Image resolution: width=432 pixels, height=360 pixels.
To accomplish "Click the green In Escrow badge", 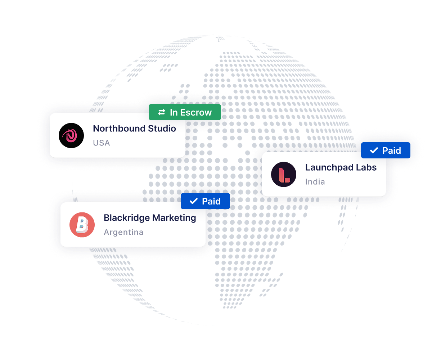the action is [x=185, y=112].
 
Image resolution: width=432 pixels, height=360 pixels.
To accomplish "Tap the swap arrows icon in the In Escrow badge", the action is [x=162, y=112].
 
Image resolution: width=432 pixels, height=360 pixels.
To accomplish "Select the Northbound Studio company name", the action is [x=134, y=129].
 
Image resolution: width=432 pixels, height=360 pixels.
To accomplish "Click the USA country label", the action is [x=102, y=143].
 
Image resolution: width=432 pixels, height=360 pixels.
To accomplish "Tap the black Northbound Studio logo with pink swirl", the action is [x=71, y=135].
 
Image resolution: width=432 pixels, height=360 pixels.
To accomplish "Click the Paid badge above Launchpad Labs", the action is [x=386, y=150].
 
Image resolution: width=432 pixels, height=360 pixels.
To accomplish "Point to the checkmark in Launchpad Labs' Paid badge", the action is [x=374, y=150].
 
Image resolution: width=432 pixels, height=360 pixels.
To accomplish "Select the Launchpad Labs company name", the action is [x=341, y=167].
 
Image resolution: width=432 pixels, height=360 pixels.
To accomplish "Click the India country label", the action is [x=315, y=182].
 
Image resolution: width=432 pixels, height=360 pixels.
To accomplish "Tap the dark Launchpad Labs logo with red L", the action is [x=283, y=174].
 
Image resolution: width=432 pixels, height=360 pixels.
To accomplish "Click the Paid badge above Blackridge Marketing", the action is [x=205, y=201].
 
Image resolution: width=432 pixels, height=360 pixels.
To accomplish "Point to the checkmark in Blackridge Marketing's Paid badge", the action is [x=194, y=201].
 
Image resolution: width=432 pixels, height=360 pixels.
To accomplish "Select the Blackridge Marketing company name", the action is [x=150, y=218].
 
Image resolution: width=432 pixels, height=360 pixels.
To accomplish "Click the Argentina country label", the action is [x=123, y=232].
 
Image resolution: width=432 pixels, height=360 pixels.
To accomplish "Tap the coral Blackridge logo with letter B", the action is [x=82, y=225].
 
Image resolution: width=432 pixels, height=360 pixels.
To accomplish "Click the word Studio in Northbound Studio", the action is [x=162, y=129].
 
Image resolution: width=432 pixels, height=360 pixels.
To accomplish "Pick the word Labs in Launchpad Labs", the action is [x=366, y=167].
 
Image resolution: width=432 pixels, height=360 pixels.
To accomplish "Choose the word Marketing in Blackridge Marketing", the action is [x=174, y=218].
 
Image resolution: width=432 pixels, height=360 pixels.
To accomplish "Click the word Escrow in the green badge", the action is [x=196, y=112].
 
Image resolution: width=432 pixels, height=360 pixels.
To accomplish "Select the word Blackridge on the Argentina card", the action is [x=127, y=218].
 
